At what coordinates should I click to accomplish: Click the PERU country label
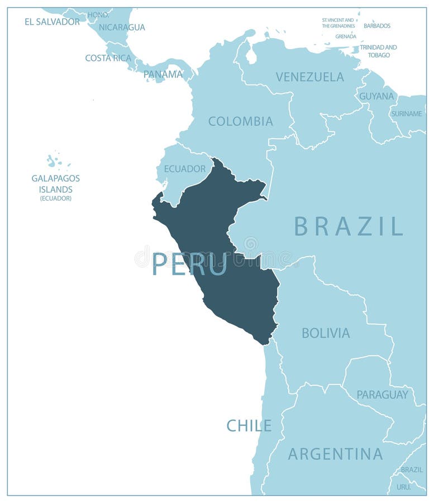tap(189, 264)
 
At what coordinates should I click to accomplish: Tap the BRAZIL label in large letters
tap(349, 226)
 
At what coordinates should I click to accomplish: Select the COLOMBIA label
tap(240, 121)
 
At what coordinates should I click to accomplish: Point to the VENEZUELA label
tap(309, 77)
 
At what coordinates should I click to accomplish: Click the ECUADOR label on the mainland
tap(184, 168)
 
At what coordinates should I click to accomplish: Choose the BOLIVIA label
tap(326, 333)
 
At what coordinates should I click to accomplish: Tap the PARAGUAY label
tap(382, 395)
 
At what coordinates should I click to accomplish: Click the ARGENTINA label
tap(335, 454)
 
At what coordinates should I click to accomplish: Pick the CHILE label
tap(249, 426)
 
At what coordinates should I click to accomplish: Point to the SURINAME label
tap(407, 114)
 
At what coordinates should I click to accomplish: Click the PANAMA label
tap(163, 74)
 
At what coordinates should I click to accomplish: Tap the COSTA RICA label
tap(108, 58)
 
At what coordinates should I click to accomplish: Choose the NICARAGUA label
tap(122, 27)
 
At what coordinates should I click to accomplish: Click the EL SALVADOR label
tap(52, 22)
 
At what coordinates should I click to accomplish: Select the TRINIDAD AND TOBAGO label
tap(378, 51)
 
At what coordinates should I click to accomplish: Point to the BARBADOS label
tap(377, 26)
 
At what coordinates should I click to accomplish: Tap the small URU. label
tap(403, 487)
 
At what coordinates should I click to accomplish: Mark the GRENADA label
tap(346, 36)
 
